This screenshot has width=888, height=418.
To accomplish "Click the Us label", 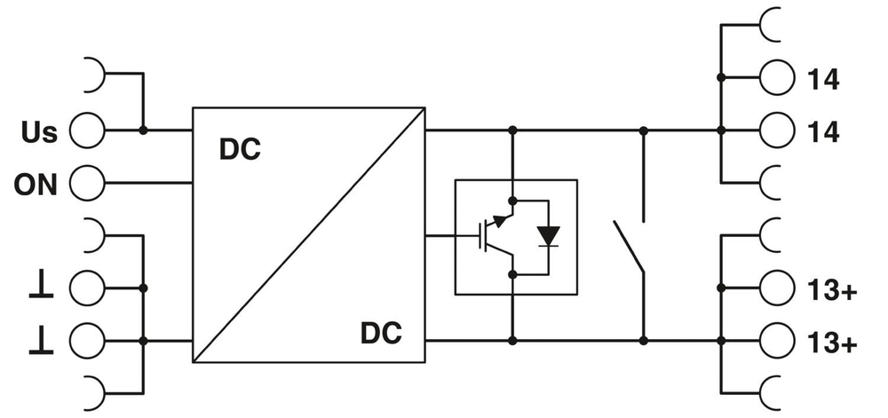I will [x=38, y=133].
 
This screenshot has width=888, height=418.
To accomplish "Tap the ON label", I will [x=36, y=185].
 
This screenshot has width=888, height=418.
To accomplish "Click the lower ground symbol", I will [x=43, y=339].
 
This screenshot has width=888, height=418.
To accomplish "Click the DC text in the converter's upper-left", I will [x=240, y=150].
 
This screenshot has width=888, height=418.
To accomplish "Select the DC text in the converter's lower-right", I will [x=381, y=335].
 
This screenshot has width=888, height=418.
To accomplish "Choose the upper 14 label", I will [x=823, y=79].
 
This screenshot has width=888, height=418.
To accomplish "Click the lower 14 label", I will [x=823, y=131].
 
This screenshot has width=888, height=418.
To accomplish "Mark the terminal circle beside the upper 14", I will [x=777, y=79].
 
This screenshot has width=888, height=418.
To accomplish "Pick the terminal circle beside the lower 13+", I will [x=777, y=340].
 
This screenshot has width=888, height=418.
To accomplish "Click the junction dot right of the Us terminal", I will [x=143, y=131].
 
